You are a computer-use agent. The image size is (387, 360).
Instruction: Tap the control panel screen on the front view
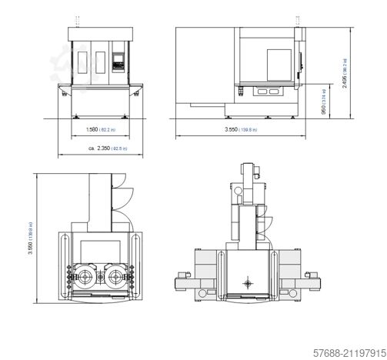[118, 58]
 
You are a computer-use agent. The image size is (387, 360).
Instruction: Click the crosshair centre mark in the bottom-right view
[249, 284]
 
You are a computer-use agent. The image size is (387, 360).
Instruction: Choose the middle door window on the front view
[101, 58]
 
